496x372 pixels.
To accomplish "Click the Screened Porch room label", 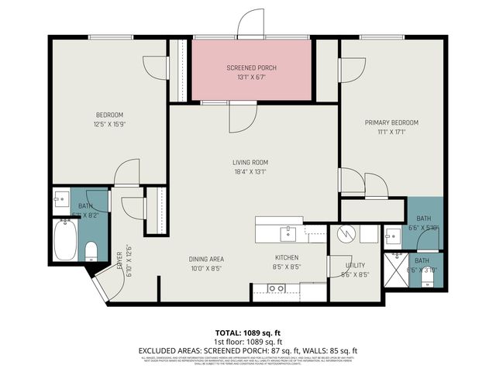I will (251, 68).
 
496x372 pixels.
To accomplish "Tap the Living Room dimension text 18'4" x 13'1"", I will (250, 172).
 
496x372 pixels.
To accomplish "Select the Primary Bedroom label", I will (391, 122).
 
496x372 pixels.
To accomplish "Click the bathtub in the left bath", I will (65, 240).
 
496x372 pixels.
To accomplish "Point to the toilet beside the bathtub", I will (91, 250).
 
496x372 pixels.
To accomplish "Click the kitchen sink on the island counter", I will (288, 231).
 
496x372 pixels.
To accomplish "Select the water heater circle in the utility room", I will (346, 232).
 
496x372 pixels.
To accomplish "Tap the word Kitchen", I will (287, 258).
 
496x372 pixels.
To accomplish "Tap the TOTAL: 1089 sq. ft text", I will (248, 332).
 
